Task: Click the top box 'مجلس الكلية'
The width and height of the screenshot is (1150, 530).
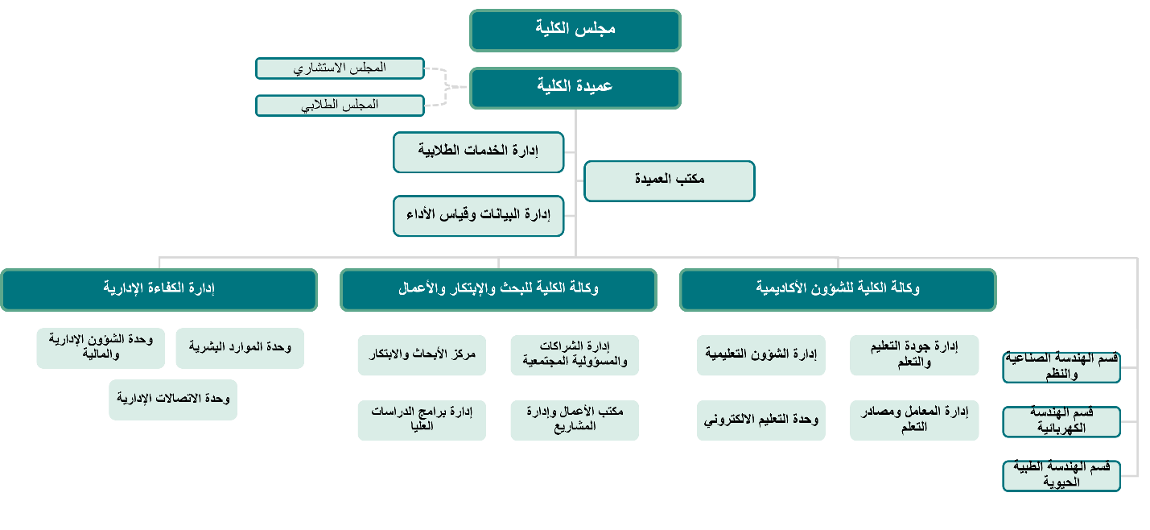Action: point(575,30)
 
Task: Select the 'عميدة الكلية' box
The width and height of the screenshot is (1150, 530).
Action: point(575,87)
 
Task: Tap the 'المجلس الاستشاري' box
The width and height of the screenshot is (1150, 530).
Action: point(340,68)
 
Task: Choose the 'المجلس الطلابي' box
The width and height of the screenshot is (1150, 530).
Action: point(340,105)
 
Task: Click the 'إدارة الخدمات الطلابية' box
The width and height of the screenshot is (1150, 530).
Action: point(479,151)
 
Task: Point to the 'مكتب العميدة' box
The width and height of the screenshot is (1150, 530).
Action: point(669,180)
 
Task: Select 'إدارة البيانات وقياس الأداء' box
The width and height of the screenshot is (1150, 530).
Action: point(479,215)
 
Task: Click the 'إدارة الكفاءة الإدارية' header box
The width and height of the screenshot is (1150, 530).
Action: point(159,289)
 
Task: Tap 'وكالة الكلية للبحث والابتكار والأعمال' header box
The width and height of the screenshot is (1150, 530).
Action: point(498,289)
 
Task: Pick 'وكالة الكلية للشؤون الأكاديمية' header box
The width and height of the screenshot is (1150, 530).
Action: point(838,289)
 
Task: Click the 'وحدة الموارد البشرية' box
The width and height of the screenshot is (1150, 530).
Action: point(240,348)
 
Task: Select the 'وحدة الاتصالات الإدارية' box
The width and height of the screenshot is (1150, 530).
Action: point(173,400)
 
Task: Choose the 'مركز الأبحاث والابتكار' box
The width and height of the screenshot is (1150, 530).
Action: point(422,355)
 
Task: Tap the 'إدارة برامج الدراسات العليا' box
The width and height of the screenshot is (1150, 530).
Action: point(422,420)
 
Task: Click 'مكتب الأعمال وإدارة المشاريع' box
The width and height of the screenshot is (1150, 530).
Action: point(575,420)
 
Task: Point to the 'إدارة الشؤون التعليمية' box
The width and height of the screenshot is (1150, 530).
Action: point(761,355)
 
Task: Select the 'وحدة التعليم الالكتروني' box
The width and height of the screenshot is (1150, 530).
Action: point(761,420)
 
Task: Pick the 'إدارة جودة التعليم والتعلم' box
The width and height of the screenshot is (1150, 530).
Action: point(914,355)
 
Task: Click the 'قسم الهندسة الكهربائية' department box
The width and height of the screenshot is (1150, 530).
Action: point(1061,421)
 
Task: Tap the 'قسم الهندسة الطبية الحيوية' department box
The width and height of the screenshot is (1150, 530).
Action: point(1061,475)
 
